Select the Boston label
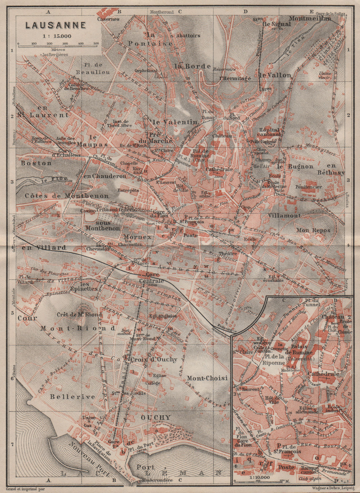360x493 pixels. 36,163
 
